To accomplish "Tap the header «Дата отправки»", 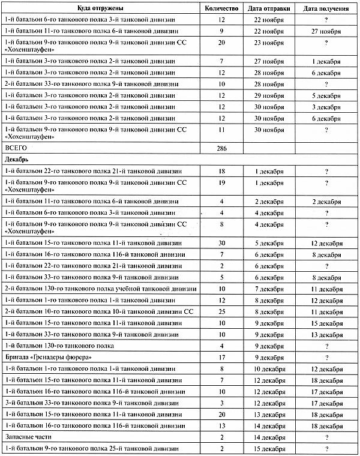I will coord(274,8).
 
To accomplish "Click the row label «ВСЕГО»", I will coord(16,147).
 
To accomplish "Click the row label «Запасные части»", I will coord(31,438).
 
